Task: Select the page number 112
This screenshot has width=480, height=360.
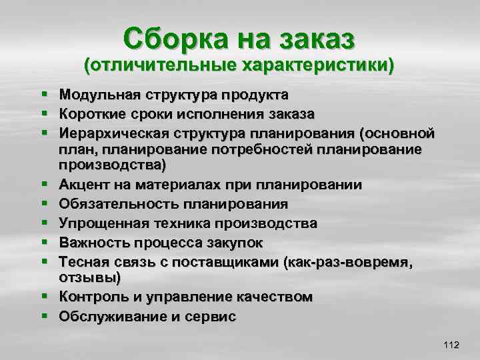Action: [x=451, y=345]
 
